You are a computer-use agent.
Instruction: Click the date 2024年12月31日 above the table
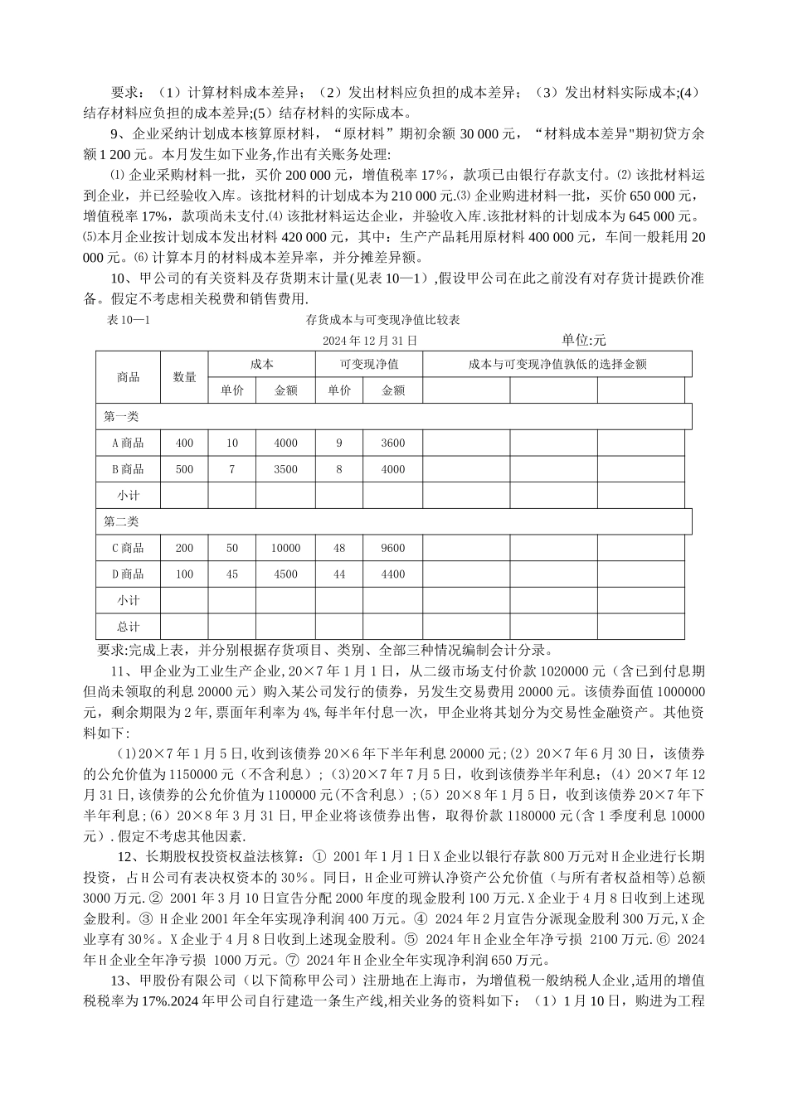tap(370, 340)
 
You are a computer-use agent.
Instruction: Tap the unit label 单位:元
tap(583, 340)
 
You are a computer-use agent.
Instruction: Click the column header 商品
tap(128, 377)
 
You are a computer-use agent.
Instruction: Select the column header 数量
tap(184, 377)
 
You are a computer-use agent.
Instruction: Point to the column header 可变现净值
tap(369, 364)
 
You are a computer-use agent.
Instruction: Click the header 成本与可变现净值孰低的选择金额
tap(557, 364)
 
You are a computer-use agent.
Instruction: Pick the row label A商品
tap(128, 443)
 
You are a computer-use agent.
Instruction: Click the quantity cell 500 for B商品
tap(184, 469)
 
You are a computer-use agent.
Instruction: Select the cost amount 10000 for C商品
tap(285, 548)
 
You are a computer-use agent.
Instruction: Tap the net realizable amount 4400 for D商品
tap(393, 574)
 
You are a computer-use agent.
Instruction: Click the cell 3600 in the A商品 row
tap(393, 443)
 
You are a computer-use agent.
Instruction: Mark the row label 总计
tap(128, 627)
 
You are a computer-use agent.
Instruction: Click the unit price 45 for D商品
tap(231, 574)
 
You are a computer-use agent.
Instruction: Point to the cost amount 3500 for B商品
tap(285, 469)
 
